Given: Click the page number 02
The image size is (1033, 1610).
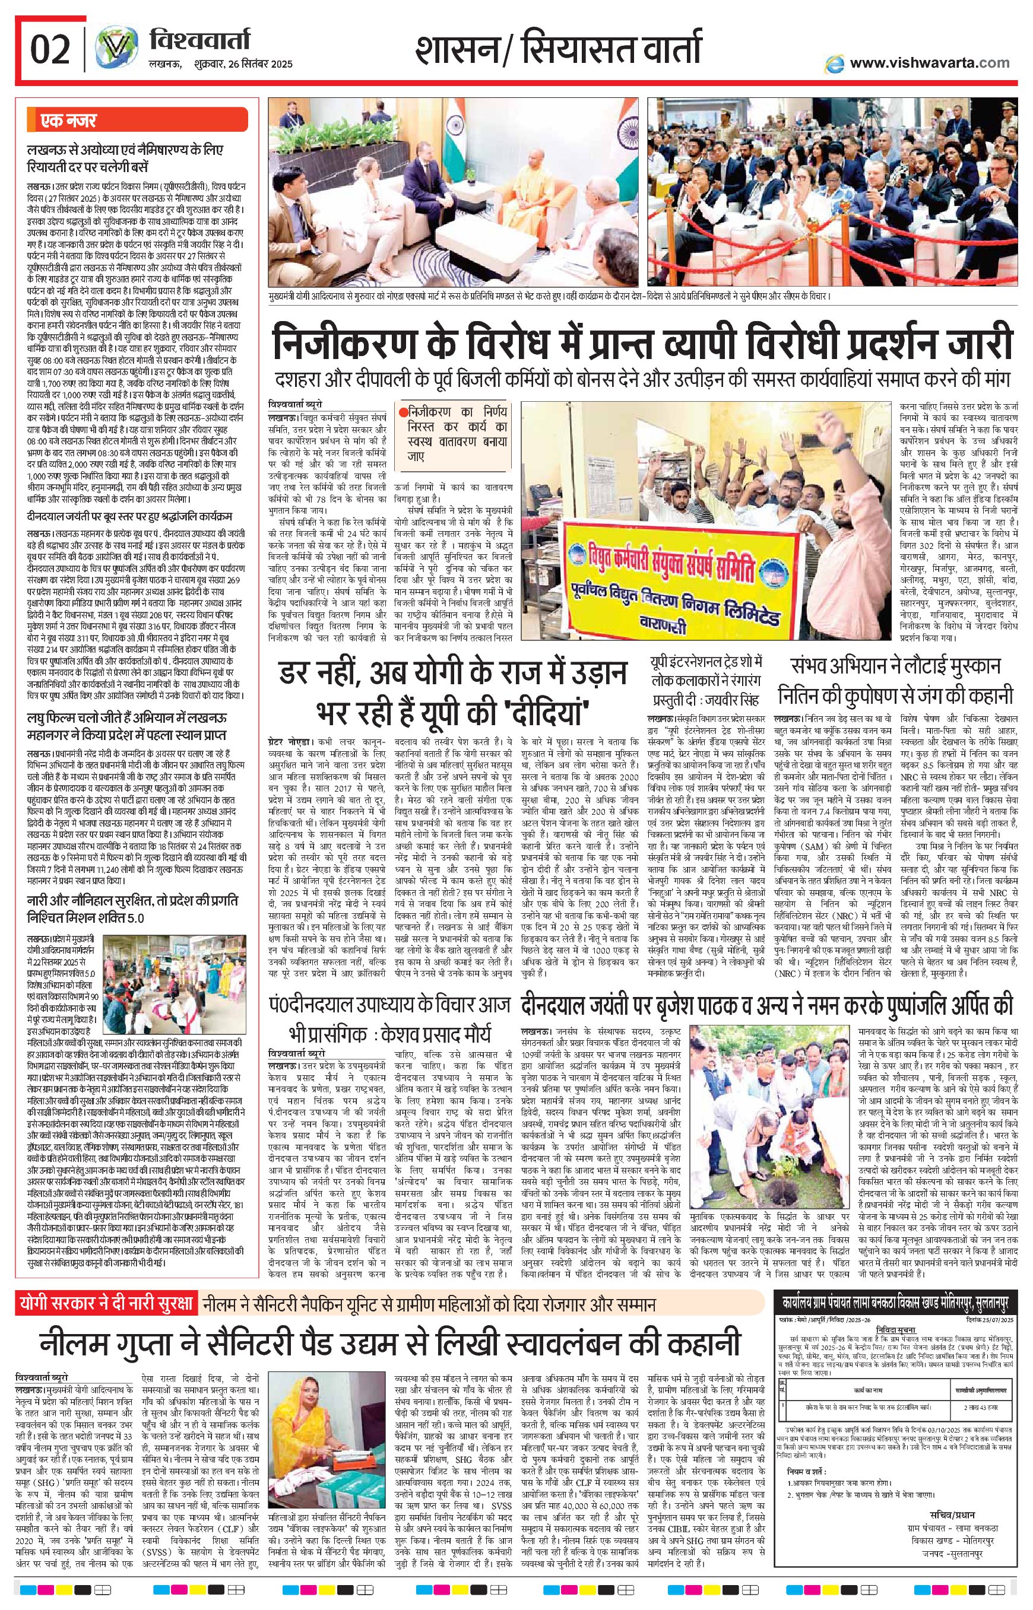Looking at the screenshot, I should (x=50, y=51).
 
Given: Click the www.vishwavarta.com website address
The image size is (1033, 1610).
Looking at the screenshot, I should (x=929, y=63).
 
